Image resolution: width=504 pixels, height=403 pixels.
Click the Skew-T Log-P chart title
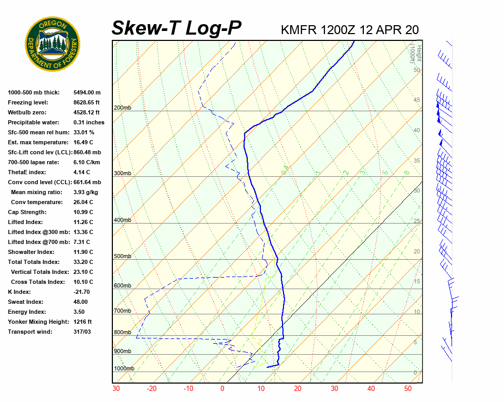coord(176,28)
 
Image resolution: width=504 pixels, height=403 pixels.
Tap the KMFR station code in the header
coord(298,29)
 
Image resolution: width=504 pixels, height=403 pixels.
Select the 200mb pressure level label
coord(122,108)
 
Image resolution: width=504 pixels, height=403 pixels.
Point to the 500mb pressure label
coord(122,256)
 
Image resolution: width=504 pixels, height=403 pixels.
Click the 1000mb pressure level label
coord(124,368)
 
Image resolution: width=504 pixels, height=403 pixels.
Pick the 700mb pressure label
coord(122,311)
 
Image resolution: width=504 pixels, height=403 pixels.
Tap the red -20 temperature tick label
coord(152,389)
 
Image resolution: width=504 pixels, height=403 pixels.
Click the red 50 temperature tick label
coord(408,389)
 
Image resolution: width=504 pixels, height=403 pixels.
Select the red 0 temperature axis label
coord(222,389)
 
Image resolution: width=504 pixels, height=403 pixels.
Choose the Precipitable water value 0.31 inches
coord(89,122)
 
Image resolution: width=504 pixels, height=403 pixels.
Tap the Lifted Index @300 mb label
coord(36,232)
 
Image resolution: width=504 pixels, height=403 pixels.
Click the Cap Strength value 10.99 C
coord(83,212)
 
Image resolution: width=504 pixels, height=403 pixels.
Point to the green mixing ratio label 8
coord(406,172)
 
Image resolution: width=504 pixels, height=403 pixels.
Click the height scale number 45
coord(417,100)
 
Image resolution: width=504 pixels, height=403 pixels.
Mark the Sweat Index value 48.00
coord(80,302)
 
